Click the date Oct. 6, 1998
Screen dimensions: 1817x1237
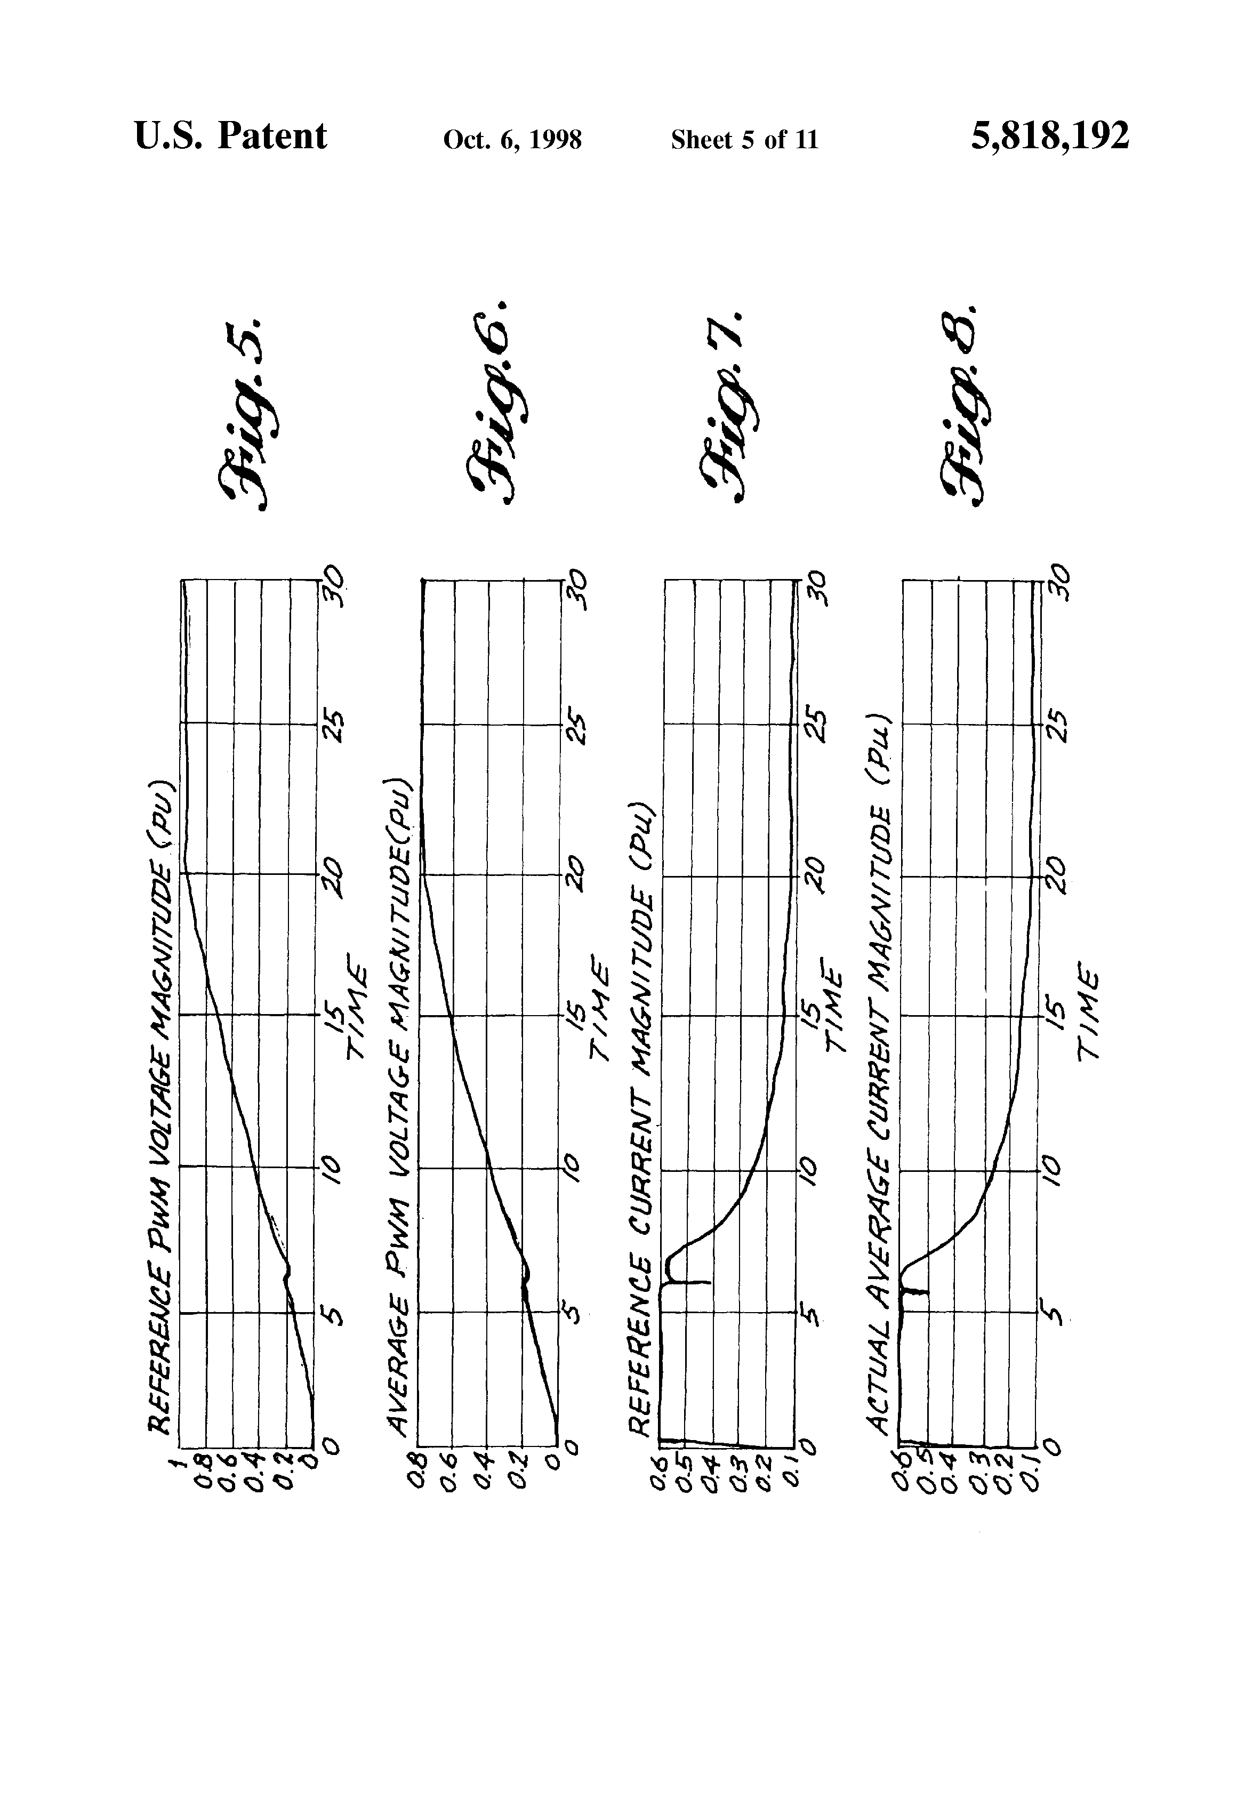tap(512, 140)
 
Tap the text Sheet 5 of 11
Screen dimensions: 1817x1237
tap(744, 140)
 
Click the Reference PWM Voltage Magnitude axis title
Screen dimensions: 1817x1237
tap(160, 1106)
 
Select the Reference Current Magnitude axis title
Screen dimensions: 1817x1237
tap(641, 1118)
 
